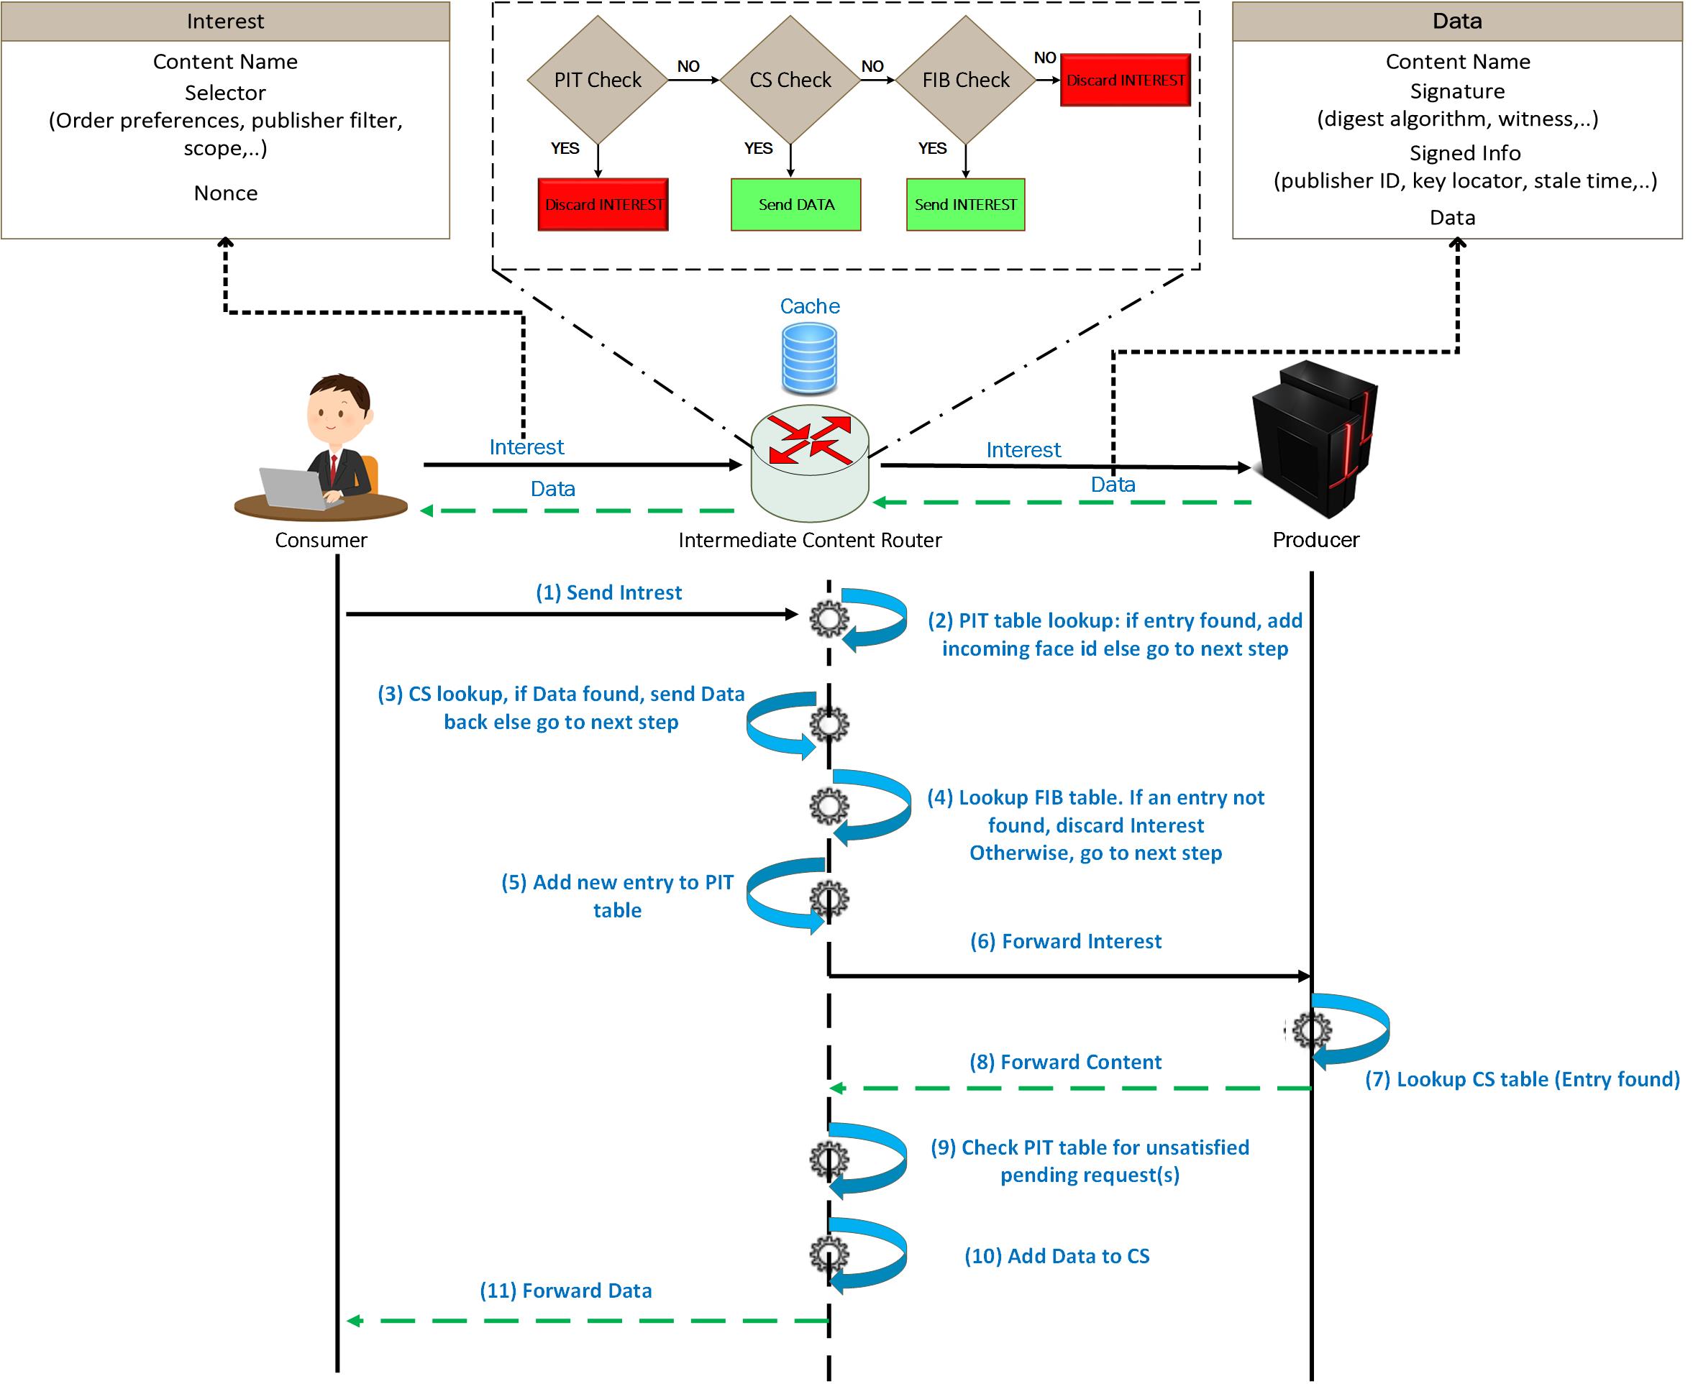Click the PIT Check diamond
click(597, 80)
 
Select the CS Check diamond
click(790, 80)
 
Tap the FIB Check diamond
click(966, 80)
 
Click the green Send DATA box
click(796, 205)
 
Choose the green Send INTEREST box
click(965, 205)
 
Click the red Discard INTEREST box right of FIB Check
click(1126, 80)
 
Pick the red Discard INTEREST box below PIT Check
click(603, 205)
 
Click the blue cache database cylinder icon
click(809, 359)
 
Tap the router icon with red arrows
click(809, 463)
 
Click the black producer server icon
click(1314, 439)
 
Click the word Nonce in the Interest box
click(226, 193)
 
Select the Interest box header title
click(225, 22)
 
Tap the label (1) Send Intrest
click(608, 592)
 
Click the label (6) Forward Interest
click(1065, 942)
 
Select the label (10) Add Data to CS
click(1057, 1257)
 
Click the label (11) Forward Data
click(565, 1291)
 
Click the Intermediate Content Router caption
click(809, 541)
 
